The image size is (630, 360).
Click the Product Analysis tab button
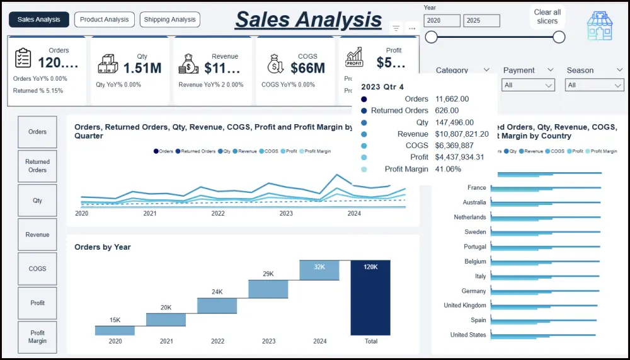pyautogui.click(x=104, y=20)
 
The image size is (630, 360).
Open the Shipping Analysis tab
pyautogui.click(x=170, y=20)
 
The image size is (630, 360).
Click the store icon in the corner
pyautogui.click(x=599, y=26)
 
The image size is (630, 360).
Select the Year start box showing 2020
pyautogui.click(x=442, y=21)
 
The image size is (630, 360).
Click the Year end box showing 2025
pyautogui.click(x=481, y=21)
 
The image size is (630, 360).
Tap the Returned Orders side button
pyautogui.click(x=37, y=166)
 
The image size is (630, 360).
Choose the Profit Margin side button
pyautogui.click(x=37, y=337)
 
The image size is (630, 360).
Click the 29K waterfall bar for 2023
pyautogui.click(x=268, y=289)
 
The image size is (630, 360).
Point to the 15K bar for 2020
pyautogui.click(x=115, y=330)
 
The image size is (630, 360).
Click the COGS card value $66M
pyautogui.click(x=307, y=67)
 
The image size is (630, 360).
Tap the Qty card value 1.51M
pyautogui.click(x=142, y=67)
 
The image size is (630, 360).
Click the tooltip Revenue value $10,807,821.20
pyautogui.click(x=462, y=134)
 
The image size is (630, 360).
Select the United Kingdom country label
pyautogui.click(x=465, y=306)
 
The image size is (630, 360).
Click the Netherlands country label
pyautogui.click(x=470, y=218)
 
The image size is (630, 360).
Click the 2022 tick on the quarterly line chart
pyautogui.click(x=218, y=214)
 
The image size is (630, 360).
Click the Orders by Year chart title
pyautogui.click(x=103, y=247)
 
